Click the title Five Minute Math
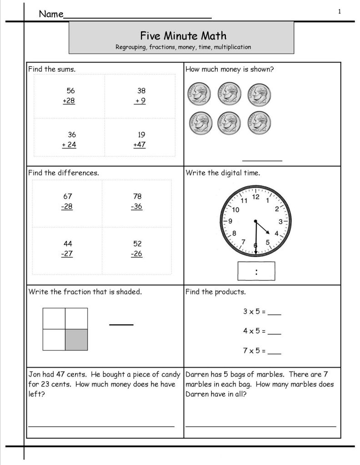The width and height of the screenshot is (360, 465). (181, 35)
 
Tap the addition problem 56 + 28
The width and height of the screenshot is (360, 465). (70, 96)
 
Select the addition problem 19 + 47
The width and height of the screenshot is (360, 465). (140, 140)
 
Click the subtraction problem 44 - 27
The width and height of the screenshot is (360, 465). (67, 248)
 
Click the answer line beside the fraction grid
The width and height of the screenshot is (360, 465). (121, 324)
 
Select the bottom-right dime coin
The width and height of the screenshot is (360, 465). (258, 123)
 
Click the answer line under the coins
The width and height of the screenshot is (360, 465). (262, 160)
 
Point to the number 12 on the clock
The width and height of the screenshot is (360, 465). (255, 197)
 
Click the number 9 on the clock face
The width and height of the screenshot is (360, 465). (230, 222)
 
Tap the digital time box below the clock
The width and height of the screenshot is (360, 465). (256, 272)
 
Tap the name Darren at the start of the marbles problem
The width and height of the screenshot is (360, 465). (197, 375)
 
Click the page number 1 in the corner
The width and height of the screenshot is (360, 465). (339, 12)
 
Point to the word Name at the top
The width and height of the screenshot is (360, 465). (50, 14)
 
